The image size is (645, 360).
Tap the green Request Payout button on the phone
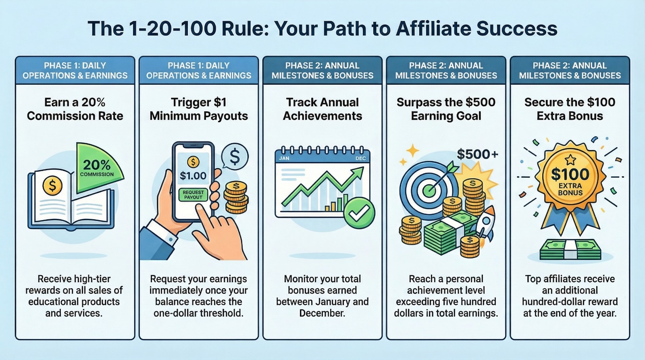tap(193, 195)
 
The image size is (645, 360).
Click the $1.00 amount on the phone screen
tap(193, 176)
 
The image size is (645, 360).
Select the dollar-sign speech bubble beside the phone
tap(235, 157)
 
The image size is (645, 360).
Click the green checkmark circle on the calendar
tap(360, 213)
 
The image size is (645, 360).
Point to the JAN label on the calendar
tap(284, 158)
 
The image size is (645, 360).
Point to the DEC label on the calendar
tap(360, 158)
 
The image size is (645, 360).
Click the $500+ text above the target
tap(477, 154)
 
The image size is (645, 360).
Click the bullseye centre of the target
tap(429, 189)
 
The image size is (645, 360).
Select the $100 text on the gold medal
tap(570, 175)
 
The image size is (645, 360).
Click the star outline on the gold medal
tap(570, 160)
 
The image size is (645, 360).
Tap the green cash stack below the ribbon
tap(570, 250)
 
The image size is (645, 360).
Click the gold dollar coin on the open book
tap(52, 186)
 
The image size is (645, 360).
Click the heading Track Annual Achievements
tap(322, 109)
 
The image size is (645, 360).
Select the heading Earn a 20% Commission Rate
tap(75, 109)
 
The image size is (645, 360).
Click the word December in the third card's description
tap(322, 313)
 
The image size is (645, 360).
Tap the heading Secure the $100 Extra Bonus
tap(570, 109)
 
